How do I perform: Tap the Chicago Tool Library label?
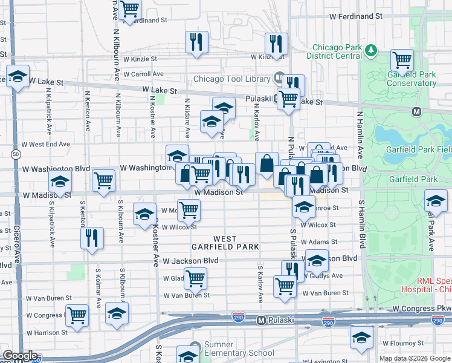click(232, 79)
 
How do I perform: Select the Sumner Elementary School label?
click(239, 353)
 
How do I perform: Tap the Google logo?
click(20, 356)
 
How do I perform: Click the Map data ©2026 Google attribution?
click(415, 358)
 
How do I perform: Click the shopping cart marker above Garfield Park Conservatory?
click(402, 59)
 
